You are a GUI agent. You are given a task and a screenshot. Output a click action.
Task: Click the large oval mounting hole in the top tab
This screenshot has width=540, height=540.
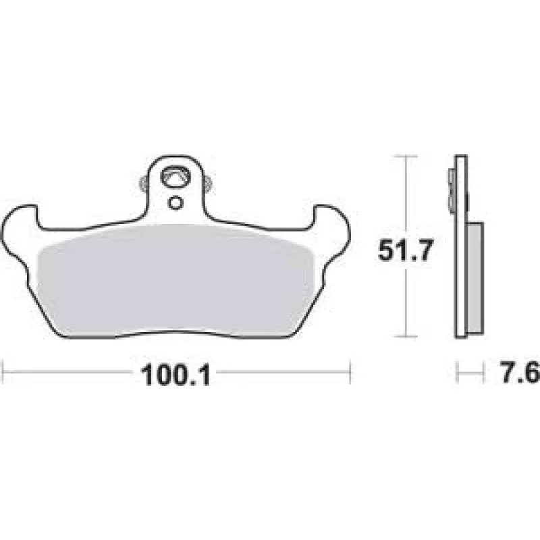[x=175, y=177]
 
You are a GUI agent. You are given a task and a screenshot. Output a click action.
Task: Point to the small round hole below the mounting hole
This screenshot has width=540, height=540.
[x=175, y=203]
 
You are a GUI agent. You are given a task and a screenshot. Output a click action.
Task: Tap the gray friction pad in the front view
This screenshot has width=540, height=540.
[x=175, y=279]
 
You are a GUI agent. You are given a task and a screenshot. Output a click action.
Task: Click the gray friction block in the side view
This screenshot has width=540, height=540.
[x=475, y=277]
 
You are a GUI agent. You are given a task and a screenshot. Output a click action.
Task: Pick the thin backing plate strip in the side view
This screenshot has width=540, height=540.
[x=461, y=246]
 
